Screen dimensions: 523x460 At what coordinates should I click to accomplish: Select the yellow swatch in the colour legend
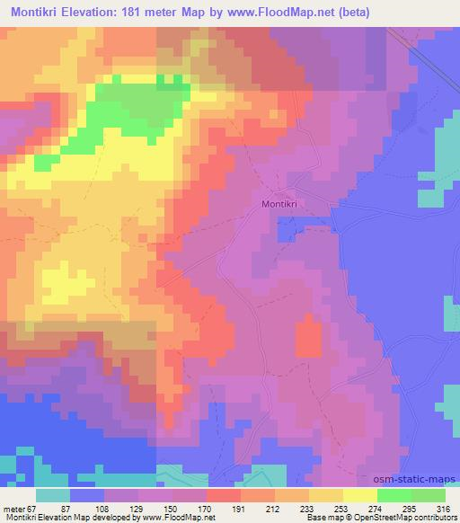click(359, 495)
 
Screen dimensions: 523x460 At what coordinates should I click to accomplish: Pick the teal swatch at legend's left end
click(53, 495)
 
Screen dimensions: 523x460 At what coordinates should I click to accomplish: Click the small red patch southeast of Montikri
click(309, 338)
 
